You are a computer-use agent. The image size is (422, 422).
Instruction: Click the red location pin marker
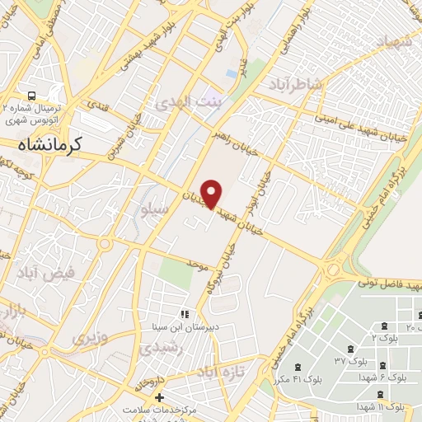coord(212,192)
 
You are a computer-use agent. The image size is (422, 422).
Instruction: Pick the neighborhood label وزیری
coord(89,338)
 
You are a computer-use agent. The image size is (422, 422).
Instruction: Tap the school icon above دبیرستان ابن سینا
coord(185,313)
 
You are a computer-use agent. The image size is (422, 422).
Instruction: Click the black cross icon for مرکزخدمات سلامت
coord(160,398)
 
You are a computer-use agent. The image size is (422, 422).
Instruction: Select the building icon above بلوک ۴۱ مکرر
coord(298,367)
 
